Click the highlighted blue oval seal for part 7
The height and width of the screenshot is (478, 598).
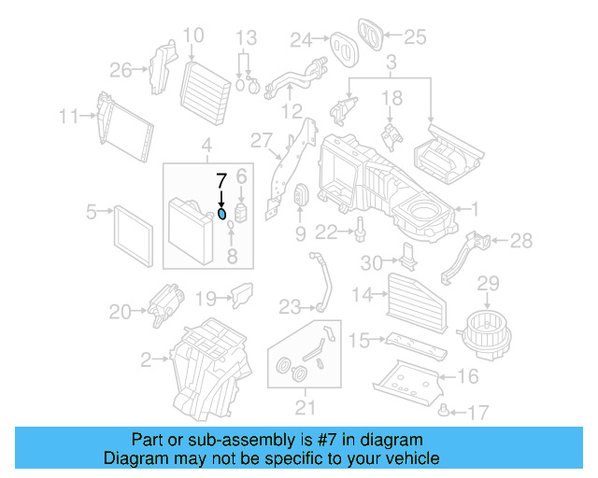[221, 213]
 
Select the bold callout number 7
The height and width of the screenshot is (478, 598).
[221, 181]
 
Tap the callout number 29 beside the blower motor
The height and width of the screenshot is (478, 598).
[490, 284]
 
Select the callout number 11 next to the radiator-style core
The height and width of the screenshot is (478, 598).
[68, 117]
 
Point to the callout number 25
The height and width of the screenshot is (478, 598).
[414, 37]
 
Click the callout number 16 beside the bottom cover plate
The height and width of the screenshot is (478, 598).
[467, 376]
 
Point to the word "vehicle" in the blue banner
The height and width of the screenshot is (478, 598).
[413, 458]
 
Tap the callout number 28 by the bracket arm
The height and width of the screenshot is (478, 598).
[520, 241]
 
